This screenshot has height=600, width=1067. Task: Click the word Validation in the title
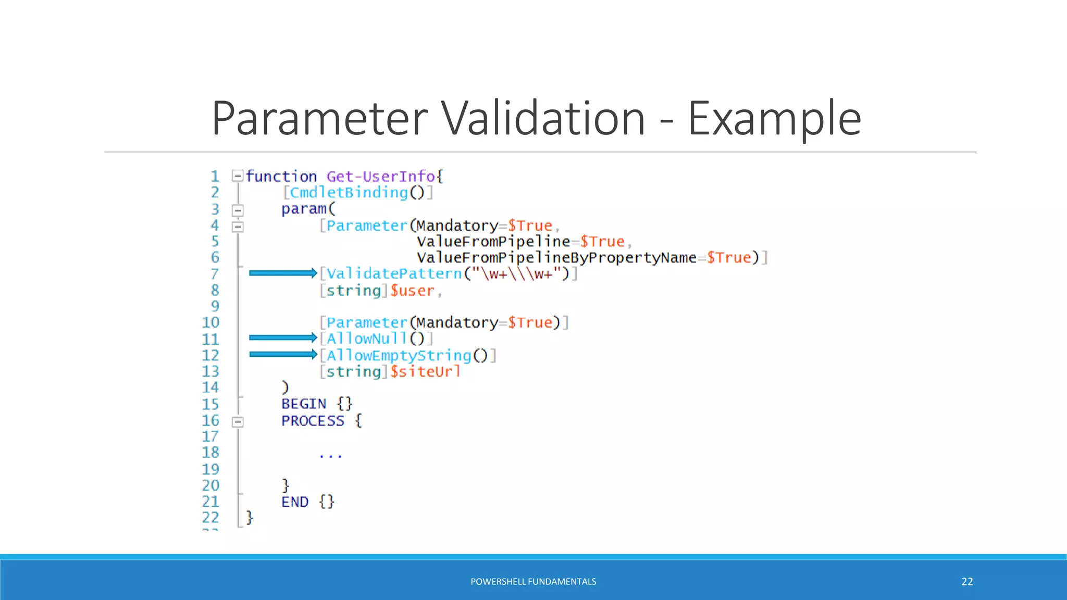point(544,119)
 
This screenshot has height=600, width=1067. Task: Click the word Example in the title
point(774,119)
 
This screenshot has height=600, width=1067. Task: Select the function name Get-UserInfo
point(380,177)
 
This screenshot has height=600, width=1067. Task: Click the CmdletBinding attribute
point(349,193)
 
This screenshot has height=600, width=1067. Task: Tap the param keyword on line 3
point(304,209)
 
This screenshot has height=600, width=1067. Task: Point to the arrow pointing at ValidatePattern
point(282,273)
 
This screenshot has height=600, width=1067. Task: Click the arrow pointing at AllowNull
point(282,337)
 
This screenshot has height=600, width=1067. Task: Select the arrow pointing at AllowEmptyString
point(282,354)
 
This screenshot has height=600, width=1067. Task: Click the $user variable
point(412,291)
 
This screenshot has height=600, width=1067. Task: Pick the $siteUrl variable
point(425,371)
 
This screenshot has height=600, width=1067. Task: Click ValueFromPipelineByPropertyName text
point(556,258)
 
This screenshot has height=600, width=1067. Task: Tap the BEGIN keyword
point(303,404)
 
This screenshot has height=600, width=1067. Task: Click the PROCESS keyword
point(313,421)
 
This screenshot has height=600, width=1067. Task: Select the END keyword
point(295,502)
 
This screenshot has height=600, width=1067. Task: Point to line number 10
point(210,322)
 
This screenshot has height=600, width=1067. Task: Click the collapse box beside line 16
point(238,421)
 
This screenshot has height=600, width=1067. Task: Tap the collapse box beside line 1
point(238,176)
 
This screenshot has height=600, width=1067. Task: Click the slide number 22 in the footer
point(967,581)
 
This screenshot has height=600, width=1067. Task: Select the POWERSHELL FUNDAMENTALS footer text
point(533,581)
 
